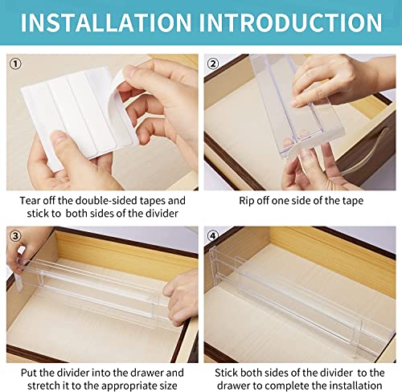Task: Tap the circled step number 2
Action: (x=214, y=63)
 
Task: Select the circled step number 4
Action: (x=214, y=236)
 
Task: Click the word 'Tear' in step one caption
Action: (x=31, y=200)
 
